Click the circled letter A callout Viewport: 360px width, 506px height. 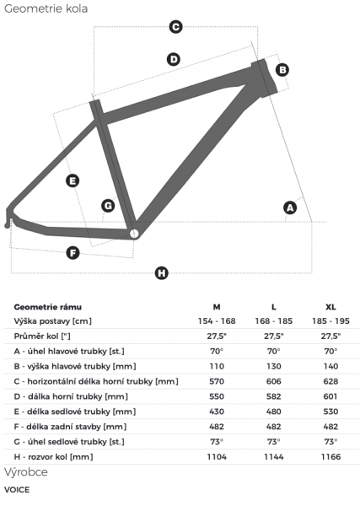[290, 207]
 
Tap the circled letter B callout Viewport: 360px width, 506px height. [282, 70]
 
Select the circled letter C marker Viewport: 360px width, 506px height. [176, 27]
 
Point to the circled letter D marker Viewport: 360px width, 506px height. [174, 59]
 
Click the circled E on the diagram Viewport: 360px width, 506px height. [73, 180]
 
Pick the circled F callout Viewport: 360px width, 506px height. [73, 253]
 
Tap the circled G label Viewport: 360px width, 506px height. [108, 206]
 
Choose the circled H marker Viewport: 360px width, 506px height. [162, 273]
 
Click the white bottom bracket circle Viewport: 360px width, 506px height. [134, 234]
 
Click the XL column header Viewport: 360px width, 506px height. [330, 307]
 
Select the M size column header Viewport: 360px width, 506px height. [217, 307]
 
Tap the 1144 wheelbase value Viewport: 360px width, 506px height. [273, 456]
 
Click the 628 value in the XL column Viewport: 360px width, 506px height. [330, 381]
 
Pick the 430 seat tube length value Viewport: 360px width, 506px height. [217, 412]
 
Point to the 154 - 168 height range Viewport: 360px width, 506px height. [217, 321]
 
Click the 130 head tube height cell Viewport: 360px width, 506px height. [273, 366]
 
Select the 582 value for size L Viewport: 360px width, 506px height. [273, 396]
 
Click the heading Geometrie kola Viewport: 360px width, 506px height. [46, 8]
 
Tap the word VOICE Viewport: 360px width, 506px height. [17, 489]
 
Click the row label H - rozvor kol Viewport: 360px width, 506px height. [53, 456]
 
